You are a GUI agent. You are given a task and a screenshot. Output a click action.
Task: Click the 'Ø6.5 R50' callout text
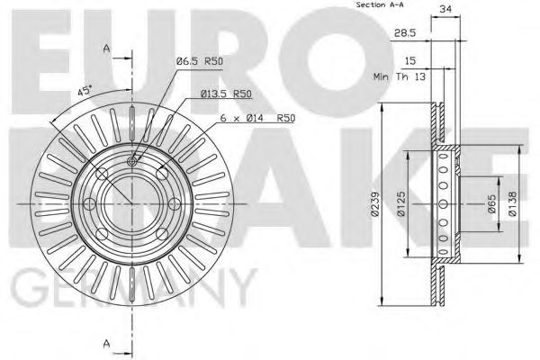[199, 60]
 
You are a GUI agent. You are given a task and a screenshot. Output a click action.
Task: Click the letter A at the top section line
[106, 49]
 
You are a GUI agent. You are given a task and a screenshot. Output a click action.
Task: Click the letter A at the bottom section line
[106, 341]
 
